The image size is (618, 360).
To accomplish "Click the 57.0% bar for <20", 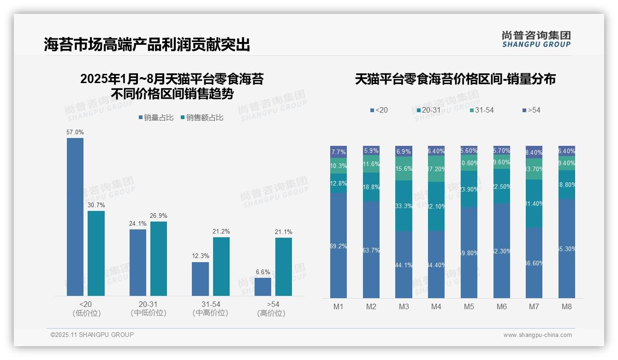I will (75, 217).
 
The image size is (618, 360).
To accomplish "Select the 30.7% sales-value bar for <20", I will (96, 253).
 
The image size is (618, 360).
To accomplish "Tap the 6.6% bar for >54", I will (263, 287).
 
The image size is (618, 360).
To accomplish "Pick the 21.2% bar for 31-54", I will (221, 266).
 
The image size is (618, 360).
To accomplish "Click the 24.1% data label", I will (138, 224).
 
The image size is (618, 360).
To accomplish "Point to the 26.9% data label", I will (159, 216).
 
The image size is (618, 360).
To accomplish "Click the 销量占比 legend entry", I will (156, 118).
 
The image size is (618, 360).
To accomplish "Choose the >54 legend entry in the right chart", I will (531, 110).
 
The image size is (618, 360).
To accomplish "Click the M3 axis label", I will (404, 307).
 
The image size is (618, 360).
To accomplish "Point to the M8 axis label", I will (567, 307).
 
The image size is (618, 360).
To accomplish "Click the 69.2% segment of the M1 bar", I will (339, 246).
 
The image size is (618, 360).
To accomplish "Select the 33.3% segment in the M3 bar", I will (404, 206).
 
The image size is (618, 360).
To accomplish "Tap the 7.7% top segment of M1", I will (339, 152).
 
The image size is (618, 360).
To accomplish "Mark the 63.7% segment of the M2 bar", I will (371, 250).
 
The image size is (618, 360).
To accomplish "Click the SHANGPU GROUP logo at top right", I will (536, 39).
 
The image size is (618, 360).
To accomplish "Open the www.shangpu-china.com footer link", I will (537, 335).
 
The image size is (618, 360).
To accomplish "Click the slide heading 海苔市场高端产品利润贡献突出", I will (147, 45).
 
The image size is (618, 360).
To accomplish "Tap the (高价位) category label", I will (271, 313).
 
